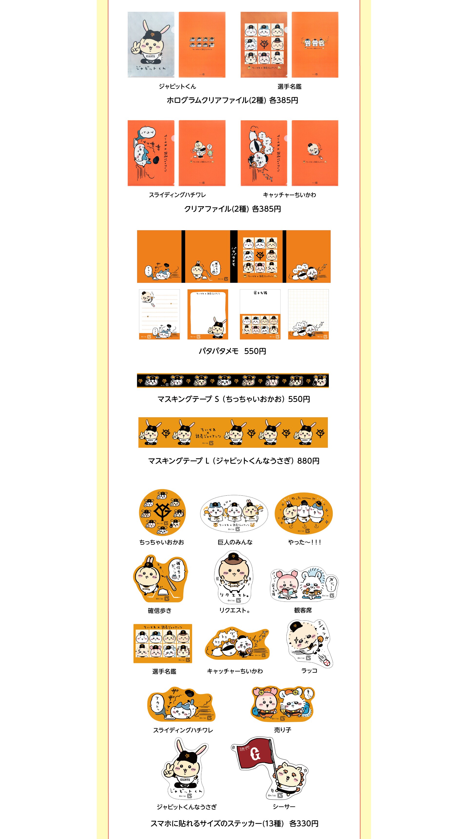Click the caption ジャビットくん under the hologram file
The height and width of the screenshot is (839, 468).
177,86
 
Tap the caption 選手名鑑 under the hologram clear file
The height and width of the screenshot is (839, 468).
289,86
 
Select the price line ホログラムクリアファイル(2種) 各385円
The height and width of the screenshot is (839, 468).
232,100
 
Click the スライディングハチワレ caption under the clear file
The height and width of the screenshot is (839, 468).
177,195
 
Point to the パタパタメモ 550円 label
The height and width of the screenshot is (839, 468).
232,351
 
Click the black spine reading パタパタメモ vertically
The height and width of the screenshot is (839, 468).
234,256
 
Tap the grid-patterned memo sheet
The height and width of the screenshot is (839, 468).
308,314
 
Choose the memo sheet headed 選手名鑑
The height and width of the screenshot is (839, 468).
260,314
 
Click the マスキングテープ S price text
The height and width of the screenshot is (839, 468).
234,399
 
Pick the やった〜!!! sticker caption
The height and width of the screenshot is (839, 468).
304,542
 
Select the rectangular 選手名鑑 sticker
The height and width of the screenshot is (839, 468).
163,643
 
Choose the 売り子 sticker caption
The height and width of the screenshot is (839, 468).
282,730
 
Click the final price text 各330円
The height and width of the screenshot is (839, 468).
303,823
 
